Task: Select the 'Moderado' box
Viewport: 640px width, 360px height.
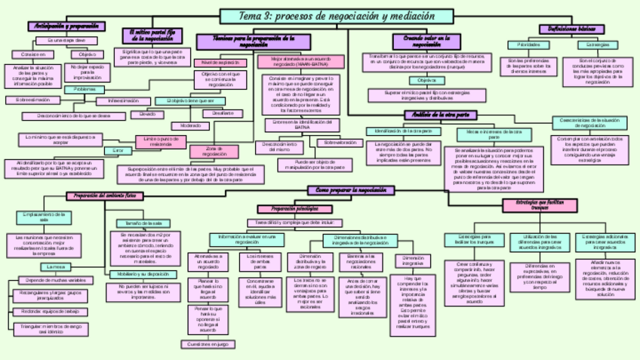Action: (186, 126)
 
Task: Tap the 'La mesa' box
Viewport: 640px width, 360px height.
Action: (57, 267)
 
